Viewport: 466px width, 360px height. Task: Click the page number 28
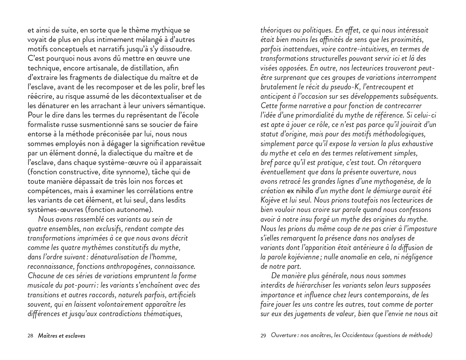pyautogui.click(x=30, y=336)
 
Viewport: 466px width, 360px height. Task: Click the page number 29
pyautogui.click(x=263, y=336)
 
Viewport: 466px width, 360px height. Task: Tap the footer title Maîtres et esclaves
pyautogui.click(x=62, y=336)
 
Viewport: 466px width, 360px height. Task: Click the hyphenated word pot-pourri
pyautogui.click(x=80, y=285)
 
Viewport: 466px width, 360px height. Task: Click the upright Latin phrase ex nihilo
pyautogui.click(x=300, y=191)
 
